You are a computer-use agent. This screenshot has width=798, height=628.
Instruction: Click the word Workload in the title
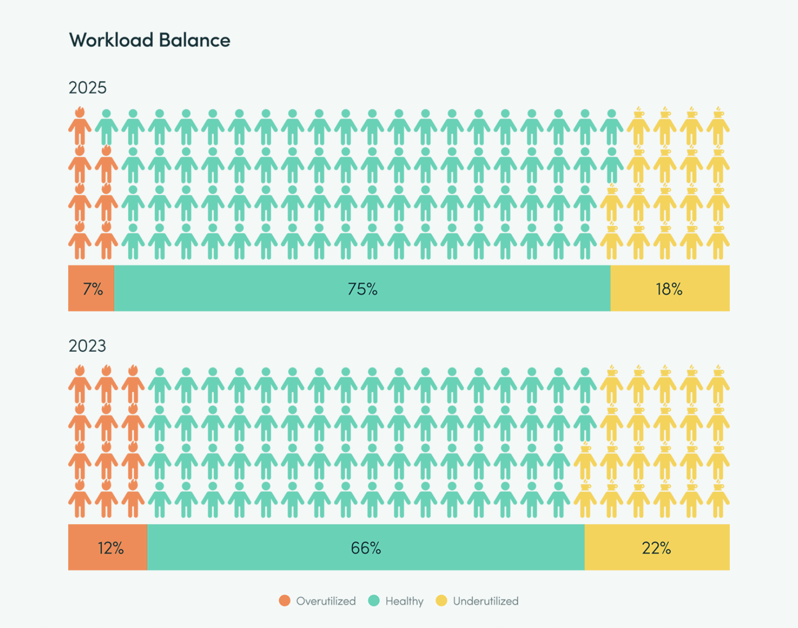111,40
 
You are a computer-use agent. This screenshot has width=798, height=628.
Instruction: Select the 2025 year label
88,88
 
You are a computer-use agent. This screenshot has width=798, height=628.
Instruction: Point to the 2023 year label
88,346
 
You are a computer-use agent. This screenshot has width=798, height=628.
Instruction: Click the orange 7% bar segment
92,289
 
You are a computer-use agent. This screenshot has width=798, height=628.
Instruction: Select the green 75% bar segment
362,289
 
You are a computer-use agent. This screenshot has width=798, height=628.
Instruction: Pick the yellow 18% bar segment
669,289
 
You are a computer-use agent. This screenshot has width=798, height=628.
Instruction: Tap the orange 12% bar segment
108,548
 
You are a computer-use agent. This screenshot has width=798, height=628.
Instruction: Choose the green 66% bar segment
366,548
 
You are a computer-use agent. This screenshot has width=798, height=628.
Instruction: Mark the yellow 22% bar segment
657,548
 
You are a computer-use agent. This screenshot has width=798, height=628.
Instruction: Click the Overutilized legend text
326,601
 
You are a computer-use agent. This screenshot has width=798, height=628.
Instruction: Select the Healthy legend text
404,601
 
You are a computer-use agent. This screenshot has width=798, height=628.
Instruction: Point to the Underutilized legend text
486,601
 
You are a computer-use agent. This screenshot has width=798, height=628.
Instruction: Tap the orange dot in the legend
284,601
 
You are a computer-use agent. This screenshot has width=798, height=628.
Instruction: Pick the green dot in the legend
374,601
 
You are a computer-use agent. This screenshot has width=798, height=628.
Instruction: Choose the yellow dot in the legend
441,601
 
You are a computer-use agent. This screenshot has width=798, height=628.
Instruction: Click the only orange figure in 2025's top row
80,127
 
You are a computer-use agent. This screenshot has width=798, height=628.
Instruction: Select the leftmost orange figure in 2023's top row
80,385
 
